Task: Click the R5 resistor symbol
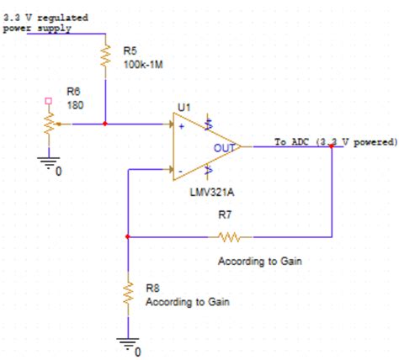(x=106, y=57)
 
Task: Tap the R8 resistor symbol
(x=128, y=292)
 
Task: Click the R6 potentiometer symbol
(x=48, y=124)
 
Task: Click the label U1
(x=184, y=109)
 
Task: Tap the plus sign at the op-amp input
(x=181, y=126)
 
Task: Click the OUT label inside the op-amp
(x=223, y=146)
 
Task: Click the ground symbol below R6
(x=48, y=162)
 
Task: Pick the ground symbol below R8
(x=128, y=343)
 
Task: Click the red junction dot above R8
(x=128, y=237)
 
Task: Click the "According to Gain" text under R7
(x=259, y=262)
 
